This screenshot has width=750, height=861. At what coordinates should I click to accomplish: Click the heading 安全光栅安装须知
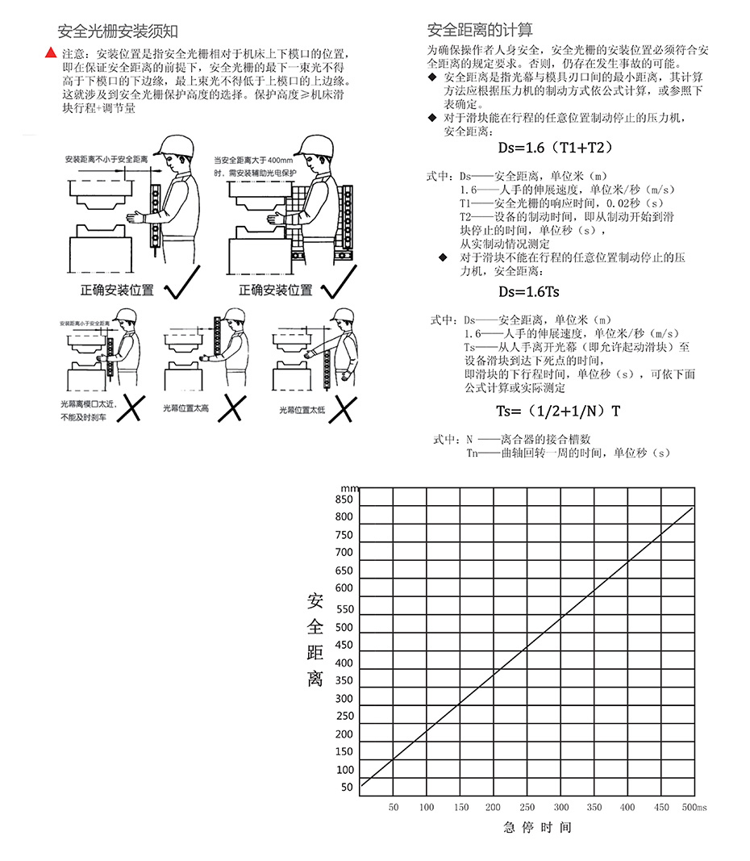click(x=118, y=31)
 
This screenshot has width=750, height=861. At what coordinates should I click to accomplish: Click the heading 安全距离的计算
click(x=480, y=31)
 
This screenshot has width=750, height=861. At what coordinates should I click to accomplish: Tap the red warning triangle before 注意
click(x=51, y=53)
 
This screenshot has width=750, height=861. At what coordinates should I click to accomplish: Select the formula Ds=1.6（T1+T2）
click(x=556, y=148)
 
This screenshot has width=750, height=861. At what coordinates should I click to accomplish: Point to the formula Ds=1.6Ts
click(x=528, y=292)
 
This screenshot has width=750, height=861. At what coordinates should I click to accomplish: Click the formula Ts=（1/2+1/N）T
click(x=558, y=411)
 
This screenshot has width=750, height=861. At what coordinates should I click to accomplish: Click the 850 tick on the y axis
click(x=344, y=499)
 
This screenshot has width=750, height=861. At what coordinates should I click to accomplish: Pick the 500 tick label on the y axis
click(x=344, y=627)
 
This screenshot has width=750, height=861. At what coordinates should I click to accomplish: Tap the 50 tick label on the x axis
click(x=394, y=807)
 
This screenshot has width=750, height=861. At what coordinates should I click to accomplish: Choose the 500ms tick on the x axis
click(x=694, y=807)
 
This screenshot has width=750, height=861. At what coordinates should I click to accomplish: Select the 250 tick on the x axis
click(x=527, y=807)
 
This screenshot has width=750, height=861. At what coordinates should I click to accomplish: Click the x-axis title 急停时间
click(x=537, y=827)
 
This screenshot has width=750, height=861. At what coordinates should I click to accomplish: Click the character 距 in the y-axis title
click(x=315, y=652)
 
